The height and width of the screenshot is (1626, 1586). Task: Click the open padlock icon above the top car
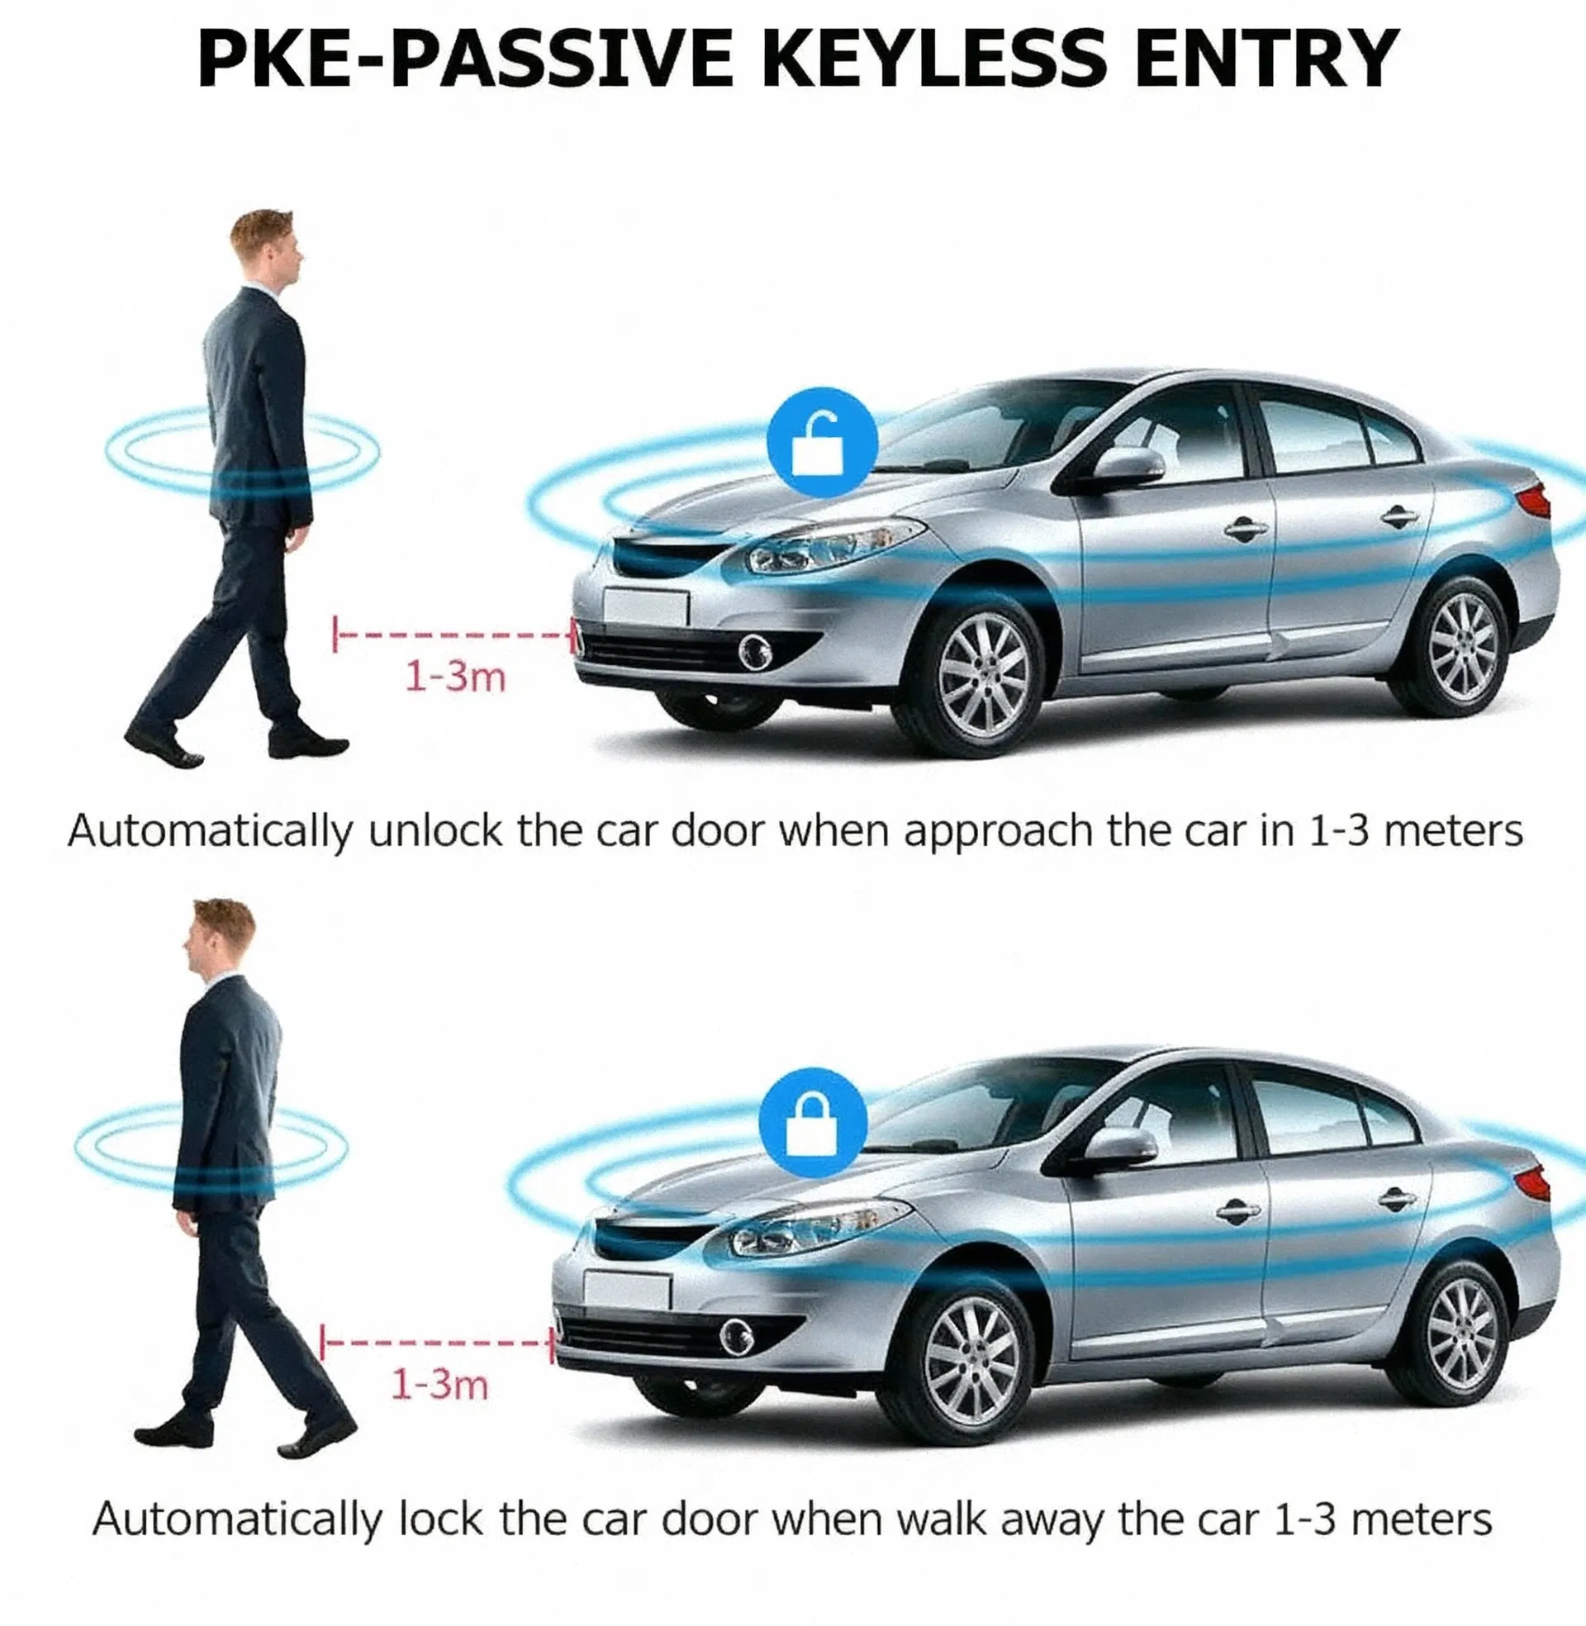click(x=822, y=442)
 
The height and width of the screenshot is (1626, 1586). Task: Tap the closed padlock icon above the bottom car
click(x=812, y=1122)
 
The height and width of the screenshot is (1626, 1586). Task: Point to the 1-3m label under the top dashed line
click(x=455, y=677)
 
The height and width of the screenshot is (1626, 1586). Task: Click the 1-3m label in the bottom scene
click(x=439, y=1384)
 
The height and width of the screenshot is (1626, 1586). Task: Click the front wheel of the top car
click(x=982, y=675)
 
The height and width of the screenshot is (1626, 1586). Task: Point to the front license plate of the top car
click(x=645, y=607)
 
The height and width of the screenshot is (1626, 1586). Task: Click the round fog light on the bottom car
click(x=736, y=1337)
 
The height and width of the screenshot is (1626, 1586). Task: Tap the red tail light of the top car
click(x=1535, y=501)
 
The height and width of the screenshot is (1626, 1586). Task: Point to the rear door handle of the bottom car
click(x=1396, y=1200)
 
